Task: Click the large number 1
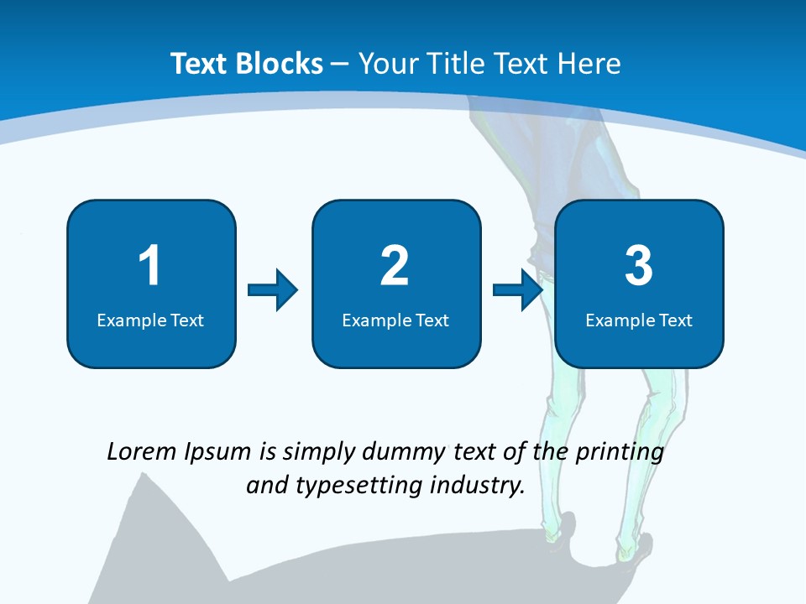click(x=150, y=266)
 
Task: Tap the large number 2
click(x=395, y=266)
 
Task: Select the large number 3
click(x=639, y=266)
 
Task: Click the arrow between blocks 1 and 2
click(x=273, y=290)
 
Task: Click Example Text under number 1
click(x=150, y=320)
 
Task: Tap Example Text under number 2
click(x=395, y=320)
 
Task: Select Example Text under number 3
click(x=639, y=320)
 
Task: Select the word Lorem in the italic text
click(x=141, y=452)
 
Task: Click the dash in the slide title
click(x=340, y=64)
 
